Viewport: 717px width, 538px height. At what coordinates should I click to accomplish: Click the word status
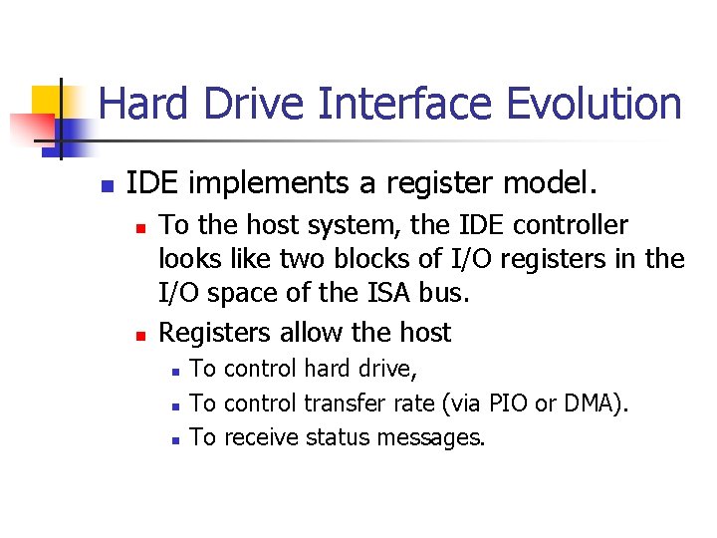338,437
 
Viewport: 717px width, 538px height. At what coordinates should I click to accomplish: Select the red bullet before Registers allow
141,334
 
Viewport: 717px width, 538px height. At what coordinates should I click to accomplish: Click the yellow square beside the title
48,100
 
